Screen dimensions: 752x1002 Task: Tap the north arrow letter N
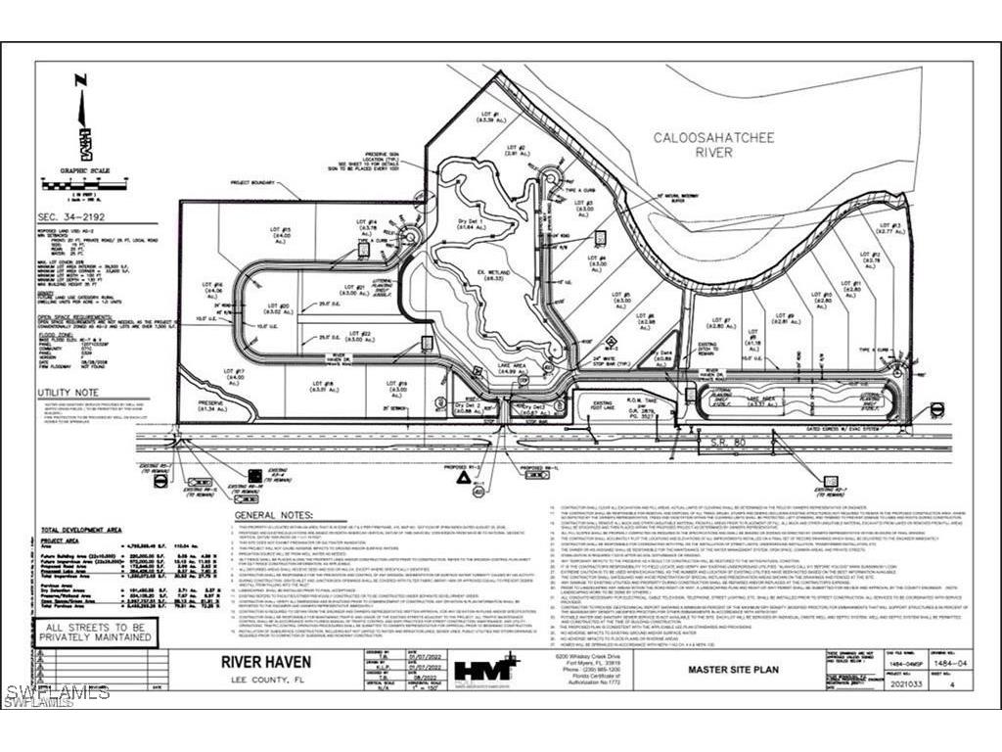click(x=81, y=80)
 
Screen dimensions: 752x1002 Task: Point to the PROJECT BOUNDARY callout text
click(x=256, y=182)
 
